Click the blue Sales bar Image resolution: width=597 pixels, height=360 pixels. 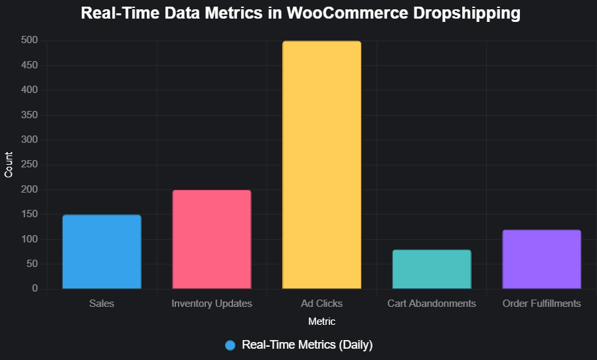tap(102, 252)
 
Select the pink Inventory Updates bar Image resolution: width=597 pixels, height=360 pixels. tap(212, 240)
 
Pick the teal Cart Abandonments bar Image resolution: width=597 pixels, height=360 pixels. tap(432, 269)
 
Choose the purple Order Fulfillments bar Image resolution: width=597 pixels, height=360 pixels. tap(542, 259)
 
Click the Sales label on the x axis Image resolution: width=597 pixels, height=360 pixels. tap(102, 304)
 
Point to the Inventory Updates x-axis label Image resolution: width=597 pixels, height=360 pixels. tap(212, 304)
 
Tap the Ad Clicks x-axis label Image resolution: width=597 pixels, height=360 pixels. tap(321, 304)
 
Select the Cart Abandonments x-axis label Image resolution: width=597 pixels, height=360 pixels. tap(432, 304)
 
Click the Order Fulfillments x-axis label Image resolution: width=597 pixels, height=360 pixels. tap(542, 304)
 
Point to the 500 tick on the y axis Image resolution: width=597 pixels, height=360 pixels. tap(29, 41)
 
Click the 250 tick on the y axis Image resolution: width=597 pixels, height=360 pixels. tap(29, 165)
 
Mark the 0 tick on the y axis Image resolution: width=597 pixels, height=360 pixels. tap(35, 289)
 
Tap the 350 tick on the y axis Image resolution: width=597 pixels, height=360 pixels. tap(29, 115)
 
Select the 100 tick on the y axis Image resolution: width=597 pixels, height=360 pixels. tap(29, 239)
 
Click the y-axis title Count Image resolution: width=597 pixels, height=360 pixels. tap(9, 165)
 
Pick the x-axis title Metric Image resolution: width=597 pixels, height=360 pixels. tap(321, 321)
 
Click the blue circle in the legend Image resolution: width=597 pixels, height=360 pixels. tap(230, 345)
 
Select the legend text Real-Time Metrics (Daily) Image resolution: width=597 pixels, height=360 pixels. tap(307, 345)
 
